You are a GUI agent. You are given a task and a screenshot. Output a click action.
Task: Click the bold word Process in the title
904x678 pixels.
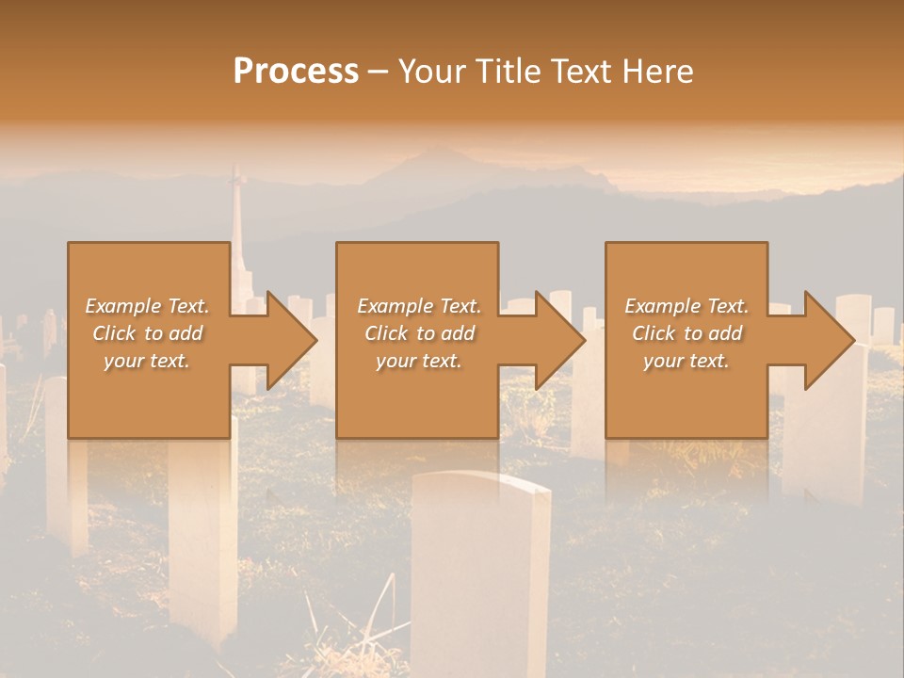click(296, 72)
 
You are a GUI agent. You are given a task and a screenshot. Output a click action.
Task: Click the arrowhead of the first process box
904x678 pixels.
click(292, 340)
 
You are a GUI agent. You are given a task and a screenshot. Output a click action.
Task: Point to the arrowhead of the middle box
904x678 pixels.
click(560, 340)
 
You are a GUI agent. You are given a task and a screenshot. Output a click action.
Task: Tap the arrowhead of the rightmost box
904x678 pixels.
click(830, 340)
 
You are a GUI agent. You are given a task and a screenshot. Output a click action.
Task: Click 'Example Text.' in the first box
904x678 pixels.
click(147, 306)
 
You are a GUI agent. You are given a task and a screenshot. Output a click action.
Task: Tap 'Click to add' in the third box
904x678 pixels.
click(686, 333)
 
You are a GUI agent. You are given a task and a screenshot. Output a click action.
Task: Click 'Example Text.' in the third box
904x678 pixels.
click(686, 306)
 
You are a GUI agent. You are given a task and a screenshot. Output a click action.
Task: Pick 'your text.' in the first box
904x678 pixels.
click(147, 361)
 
